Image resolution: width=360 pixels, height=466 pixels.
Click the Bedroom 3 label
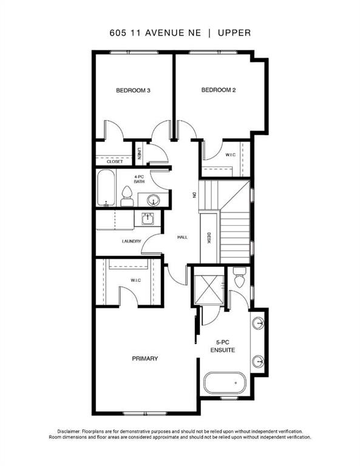tap(133, 90)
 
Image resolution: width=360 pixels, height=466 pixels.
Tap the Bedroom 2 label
tap(219, 90)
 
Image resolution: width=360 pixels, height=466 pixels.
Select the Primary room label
tap(144, 359)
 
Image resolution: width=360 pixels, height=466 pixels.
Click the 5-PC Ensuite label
tap(223, 346)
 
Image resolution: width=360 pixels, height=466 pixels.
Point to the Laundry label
tap(131, 241)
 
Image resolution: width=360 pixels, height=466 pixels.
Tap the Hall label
tap(183, 237)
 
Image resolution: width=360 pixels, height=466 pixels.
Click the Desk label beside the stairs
tap(209, 238)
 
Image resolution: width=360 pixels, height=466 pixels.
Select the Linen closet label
tap(139, 154)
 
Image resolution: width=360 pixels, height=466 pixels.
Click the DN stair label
tap(194, 195)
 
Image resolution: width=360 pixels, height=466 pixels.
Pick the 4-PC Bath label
tap(139, 179)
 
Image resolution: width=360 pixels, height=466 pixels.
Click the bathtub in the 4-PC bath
tap(106, 187)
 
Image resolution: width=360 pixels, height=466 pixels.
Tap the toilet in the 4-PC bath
tap(127, 197)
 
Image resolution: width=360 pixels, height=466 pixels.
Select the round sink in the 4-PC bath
tap(153, 200)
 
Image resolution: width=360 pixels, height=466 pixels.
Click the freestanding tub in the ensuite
tap(225, 383)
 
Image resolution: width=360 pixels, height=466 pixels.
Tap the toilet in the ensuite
tap(239, 277)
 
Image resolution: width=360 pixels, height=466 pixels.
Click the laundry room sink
tap(148, 218)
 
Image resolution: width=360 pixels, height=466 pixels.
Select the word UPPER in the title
tap(234, 33)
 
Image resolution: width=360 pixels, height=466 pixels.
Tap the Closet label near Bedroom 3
tap(115, 161)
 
